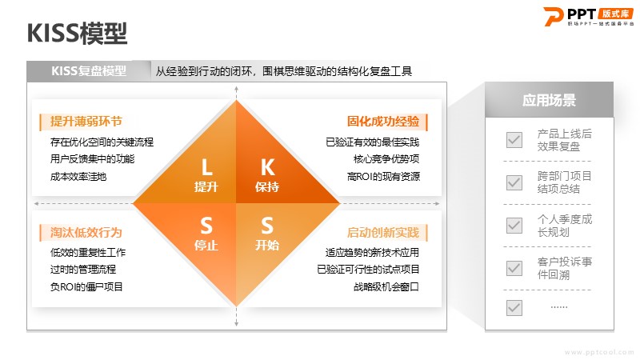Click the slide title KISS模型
click(x=77, y=34)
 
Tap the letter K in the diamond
click(x=267, y=167)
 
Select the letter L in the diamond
click(x=206, y=167)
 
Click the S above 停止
click(x=206, y=226)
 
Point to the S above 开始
click(x=267, y=226)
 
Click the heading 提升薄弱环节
click(x=86, y=122)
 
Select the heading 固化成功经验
click(x=383, y=122)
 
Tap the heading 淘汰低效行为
click(x=86, y=232)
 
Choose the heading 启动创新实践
click(x=383, y=232)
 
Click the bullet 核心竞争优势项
click(x=386, y=158)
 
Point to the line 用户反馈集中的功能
click(x=92, y=158)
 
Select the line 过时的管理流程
click(x=83, y=270)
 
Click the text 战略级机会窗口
click(x=386, y=287)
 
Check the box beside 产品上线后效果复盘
click(x=514, y=140)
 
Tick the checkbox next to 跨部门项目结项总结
click(x=514, y=182)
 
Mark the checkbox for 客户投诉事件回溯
click(x=514, y=268)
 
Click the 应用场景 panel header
click(x=549, y=100)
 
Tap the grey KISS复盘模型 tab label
click(x=89, y=71)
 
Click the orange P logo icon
click(x=554, y=16)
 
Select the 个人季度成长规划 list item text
click(x=565, y=226)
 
